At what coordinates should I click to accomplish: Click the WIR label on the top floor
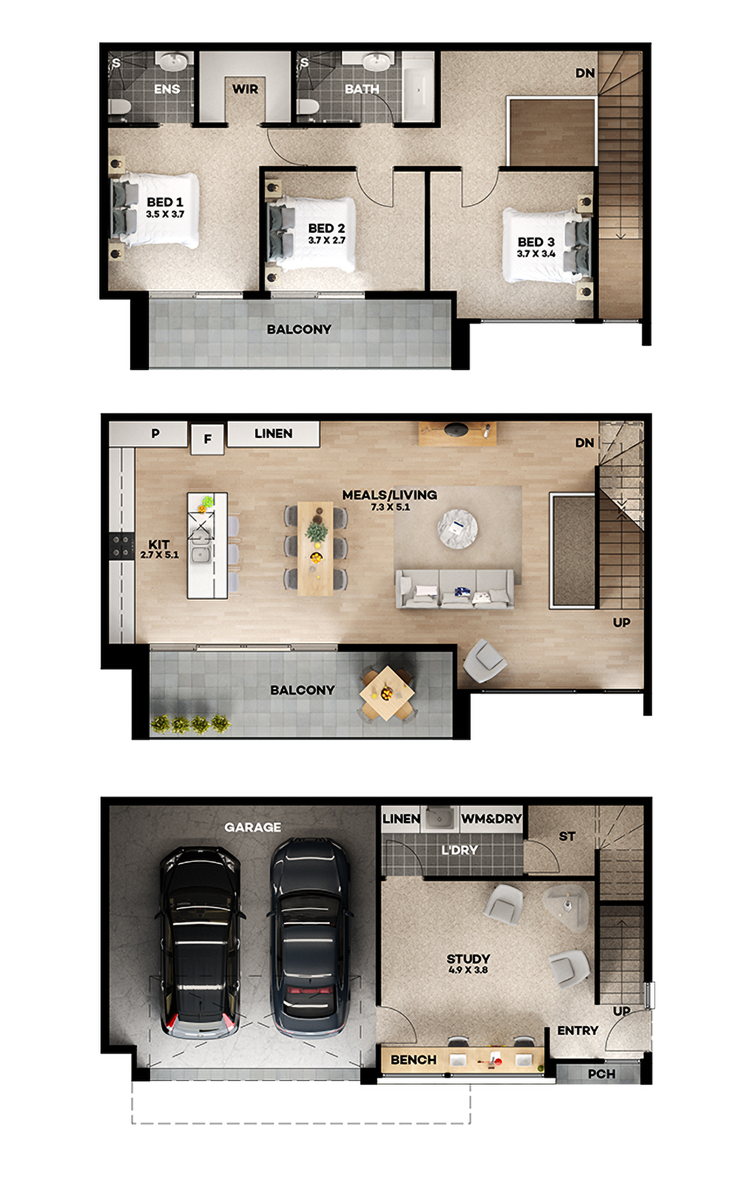(x=245, y=89)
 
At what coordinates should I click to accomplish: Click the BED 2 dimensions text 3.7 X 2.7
(x=327, y=240)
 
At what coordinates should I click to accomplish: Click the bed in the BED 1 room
(x=156, y=210)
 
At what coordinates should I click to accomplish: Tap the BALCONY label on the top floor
(x=299, y=329)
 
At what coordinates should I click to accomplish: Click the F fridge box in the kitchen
(x=207, y=439)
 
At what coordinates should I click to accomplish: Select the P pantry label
(x=155, y=433)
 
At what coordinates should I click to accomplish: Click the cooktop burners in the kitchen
(x=121, y=546)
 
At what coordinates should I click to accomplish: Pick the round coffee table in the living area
(x=457, y=528)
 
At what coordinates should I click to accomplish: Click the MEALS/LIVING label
(x=389, y=495)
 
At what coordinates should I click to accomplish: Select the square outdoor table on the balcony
(x=387, y=693)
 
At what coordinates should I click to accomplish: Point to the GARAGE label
(x=253, y=827)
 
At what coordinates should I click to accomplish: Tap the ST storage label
(x=567, y=836)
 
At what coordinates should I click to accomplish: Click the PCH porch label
(x=601, y=1074)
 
